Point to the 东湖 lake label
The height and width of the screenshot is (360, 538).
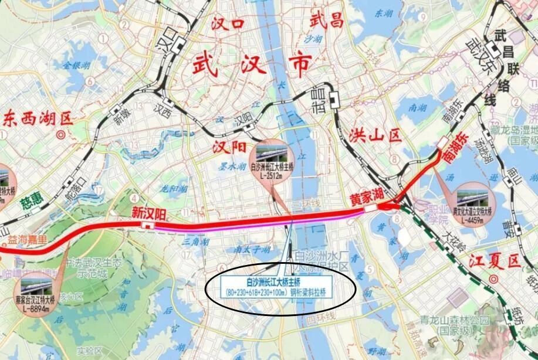point(385,12)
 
